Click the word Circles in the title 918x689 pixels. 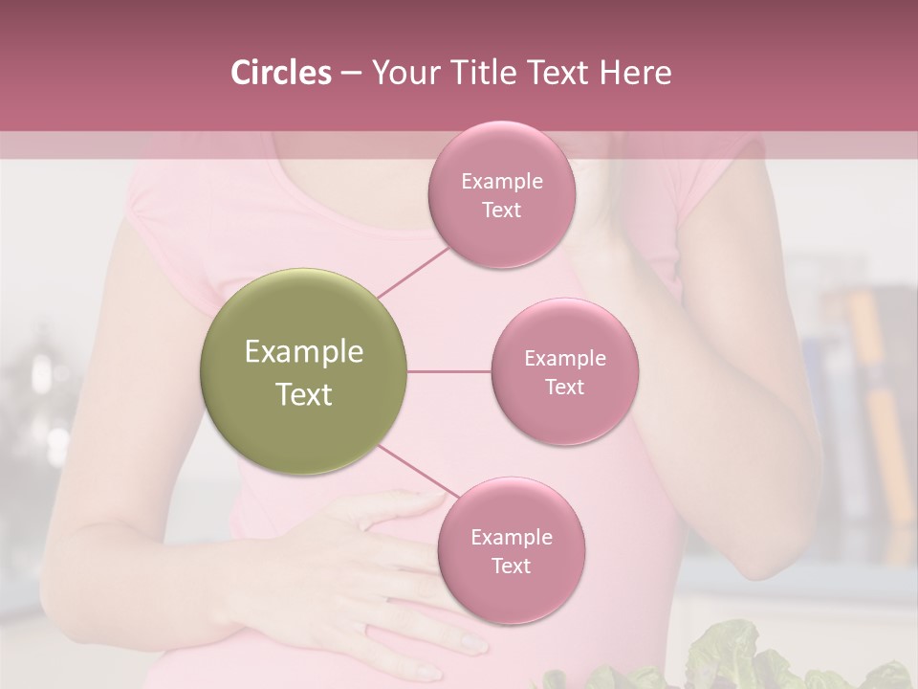(280, 73)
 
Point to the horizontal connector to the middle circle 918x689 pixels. (448, 371)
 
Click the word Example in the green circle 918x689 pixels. (303, 352)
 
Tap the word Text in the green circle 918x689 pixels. (303, 394)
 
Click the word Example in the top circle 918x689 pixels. (501, 182)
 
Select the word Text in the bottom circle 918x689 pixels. (511, 566)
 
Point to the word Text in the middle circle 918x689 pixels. (564, 387)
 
